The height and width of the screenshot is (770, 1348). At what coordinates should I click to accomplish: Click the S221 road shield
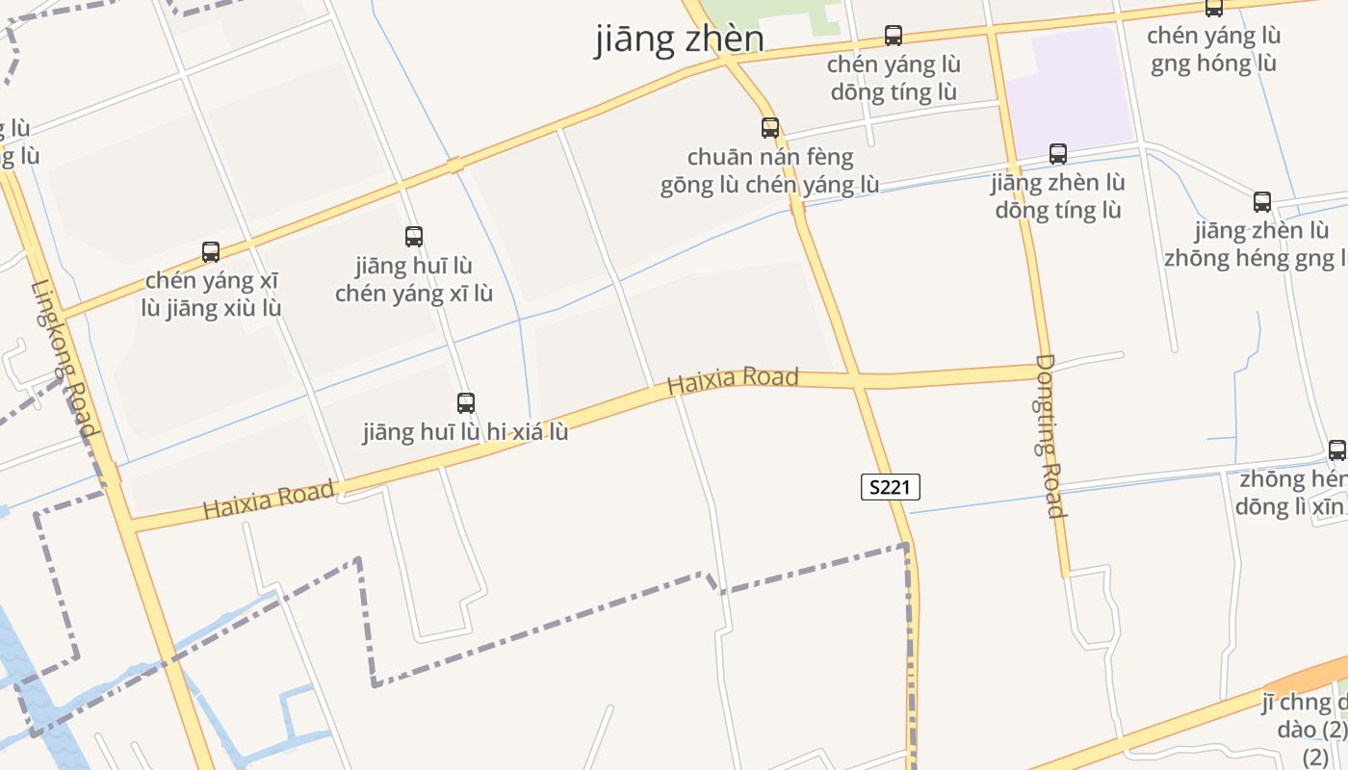click(x=890, y=487)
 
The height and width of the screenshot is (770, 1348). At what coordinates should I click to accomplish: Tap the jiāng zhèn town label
click(x=680, y=38)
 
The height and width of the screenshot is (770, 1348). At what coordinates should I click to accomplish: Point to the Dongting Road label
click(x=1050, y=435)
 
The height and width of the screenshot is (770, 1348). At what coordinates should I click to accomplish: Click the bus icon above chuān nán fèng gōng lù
click(x=769, y=127)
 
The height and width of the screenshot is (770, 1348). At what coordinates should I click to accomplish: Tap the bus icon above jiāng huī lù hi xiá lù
click(x=466, y=403)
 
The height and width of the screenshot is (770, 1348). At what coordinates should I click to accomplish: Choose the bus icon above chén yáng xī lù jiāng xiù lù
click(x=211, y=252)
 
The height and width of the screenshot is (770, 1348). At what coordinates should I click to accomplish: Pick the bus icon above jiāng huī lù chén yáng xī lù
click(x=414, y=237)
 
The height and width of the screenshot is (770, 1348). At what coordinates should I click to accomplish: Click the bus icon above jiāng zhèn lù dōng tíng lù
click(x=1058, y=154)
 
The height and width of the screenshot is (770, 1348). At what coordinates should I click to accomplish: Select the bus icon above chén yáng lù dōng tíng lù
click(x=894, y=37)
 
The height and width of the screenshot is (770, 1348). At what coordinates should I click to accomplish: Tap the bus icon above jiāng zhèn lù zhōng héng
click(x=1262, y=202)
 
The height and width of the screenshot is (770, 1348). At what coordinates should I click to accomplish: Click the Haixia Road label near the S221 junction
click(x=733, y=380)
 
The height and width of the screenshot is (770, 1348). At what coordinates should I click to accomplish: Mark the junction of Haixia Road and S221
click(x=856, y=380)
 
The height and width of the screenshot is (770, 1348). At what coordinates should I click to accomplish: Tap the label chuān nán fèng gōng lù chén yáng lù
click(x=769, y=171)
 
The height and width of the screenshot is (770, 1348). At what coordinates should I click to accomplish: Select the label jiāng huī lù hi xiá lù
click(x=465, y=432)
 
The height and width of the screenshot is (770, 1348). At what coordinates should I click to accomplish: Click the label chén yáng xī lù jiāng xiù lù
click(x=213, y=295)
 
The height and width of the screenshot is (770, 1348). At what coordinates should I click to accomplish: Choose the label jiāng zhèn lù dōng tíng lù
click(x=1058, y=196)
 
